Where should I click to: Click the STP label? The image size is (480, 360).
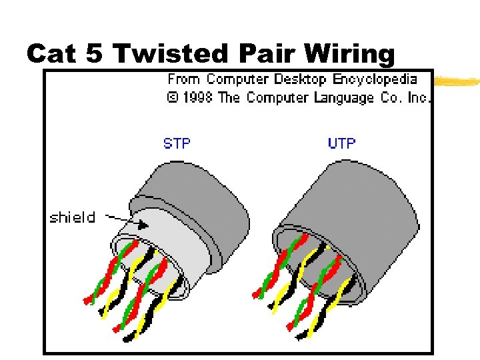[x=176, y=143]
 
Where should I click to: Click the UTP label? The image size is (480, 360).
[x=342, y=143]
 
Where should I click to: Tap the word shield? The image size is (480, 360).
[x=72, y=217]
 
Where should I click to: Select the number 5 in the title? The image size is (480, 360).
[x=95, y=53]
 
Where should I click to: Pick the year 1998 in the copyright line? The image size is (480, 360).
[x=199, y=98]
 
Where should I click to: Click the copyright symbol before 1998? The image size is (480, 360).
[x=172, y=98]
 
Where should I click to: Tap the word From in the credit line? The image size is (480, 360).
[x=185, y=79]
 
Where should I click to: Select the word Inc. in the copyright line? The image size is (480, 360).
[x=419, y=98]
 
